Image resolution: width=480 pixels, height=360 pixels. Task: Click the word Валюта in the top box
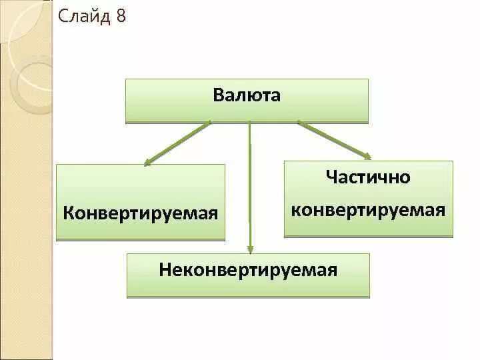coord(247,95)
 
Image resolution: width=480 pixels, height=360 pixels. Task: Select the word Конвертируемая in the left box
coord(141,214)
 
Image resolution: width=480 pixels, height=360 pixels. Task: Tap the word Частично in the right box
coord(368,177)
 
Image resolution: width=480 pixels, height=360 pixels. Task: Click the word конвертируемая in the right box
coord(368,211)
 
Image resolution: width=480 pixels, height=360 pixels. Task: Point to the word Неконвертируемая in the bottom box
coord(248,270)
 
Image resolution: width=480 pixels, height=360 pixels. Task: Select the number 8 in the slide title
coord(120,16)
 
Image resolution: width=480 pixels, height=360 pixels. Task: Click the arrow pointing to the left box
coord(177,143)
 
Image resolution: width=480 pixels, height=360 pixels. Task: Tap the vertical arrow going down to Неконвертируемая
coord(250,187)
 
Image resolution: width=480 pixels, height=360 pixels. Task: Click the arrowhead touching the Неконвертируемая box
coord(251,249)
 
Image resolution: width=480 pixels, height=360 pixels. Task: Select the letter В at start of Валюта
coord(218,95)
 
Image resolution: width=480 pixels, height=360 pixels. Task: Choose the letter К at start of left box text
coord(68,214)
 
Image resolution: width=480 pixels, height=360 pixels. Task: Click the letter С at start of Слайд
coord(63,16)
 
